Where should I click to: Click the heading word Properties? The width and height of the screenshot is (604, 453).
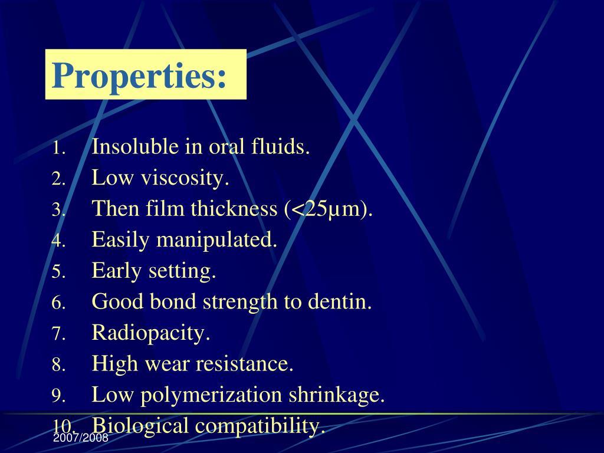click(139, 75)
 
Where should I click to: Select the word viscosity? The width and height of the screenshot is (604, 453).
click(184, 178)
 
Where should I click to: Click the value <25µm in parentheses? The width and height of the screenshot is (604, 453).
click(328, 209)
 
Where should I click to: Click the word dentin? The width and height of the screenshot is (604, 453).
click(340, 302)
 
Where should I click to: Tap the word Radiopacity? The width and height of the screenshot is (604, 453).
click(151, 333)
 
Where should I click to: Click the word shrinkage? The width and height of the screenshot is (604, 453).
click(336, 395)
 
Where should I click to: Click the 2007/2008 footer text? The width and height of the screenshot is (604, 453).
click(80, 439)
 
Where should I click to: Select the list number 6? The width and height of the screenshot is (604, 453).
click(58, 303)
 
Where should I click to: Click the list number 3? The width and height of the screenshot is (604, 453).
click(58, 210)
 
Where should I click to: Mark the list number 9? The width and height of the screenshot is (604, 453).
click(58, 396)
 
